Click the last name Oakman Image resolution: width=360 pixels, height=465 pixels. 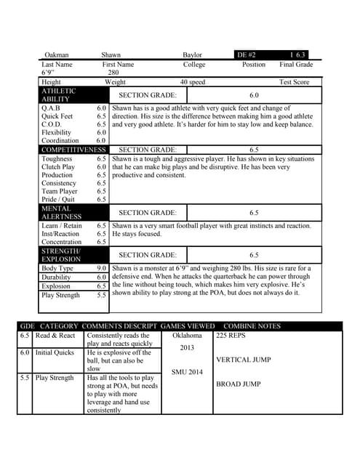[x=57, y=54]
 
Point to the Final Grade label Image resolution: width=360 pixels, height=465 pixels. [x=296, y=65]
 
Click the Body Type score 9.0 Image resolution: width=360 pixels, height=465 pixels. [x=102, y=269]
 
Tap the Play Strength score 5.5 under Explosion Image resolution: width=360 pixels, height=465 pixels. [x=102, y=296]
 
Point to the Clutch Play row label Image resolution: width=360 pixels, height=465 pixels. [x=58, y=167]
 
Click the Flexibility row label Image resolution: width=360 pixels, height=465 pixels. [x=57, y=133]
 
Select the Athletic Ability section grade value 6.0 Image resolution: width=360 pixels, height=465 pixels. [x=254, y=95]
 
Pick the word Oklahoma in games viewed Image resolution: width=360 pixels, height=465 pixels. [x=187, y=336]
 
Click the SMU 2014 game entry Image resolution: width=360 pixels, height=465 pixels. [x=187, y=371]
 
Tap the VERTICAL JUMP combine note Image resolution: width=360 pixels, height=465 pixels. [x=244, y=360]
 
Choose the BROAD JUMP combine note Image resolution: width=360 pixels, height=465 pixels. [x=238, y=384]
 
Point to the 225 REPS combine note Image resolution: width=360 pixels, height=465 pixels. [x=231, y=336]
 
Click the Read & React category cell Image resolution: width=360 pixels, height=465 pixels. [x=55, y=336]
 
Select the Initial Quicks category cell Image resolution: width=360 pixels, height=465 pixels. [x=55, y=353]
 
